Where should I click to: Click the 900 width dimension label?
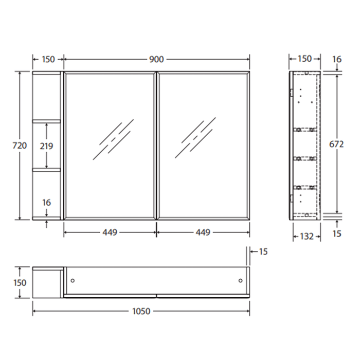click(x=156, y=59)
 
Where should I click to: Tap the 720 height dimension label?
click(x=19, y=146)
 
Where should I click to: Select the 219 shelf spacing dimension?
click(x=47, y=146)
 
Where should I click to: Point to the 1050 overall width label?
click(x=141, y=311)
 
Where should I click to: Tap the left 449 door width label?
click(x=109, y=232)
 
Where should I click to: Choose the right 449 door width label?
click(x=203, y=232)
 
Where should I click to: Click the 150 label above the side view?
click(x=304, y=59)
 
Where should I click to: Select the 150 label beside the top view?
click(x=19, y=282)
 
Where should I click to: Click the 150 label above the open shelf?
click(x=47, y=59)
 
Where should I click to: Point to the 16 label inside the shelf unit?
click(x=47, y=203)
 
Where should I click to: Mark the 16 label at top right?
click(x=336, y=59)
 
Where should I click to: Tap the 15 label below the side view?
click(x=336, y=234)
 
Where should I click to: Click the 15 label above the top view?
click(x=263, y=251)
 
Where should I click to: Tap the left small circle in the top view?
click(x=73, y=280)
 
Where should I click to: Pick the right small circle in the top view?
click(x=241, y=280)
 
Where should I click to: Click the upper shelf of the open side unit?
click(x=47, y=122)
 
